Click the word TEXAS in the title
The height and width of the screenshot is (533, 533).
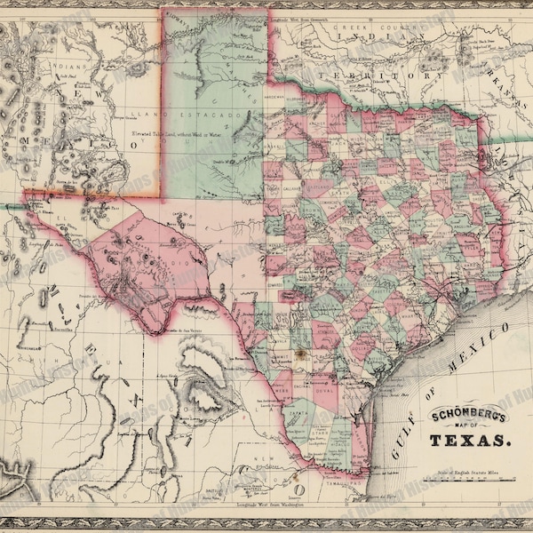(471, 439)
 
